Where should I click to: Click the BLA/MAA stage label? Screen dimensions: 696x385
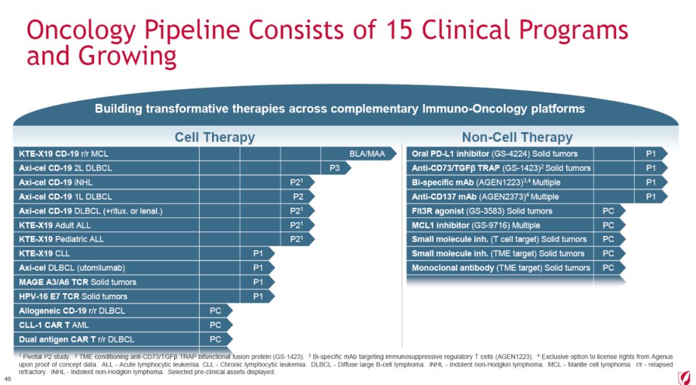(x=367, y=154)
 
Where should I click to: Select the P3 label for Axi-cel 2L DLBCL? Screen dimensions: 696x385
(x=334, y=168)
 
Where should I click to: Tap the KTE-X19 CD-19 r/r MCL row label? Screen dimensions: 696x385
(x=63, y=154)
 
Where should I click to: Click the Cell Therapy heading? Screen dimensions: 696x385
(x=215, y=137)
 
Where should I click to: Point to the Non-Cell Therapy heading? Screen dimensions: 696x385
(x=517, y=137)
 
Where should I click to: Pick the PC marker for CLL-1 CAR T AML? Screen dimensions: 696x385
(x=215, y=325)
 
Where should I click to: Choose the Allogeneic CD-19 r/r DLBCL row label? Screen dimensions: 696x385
(x=72, y=311)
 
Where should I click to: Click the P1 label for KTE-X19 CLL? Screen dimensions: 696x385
(x=258, y=253)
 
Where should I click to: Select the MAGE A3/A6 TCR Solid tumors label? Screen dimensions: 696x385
(x=78, y=282)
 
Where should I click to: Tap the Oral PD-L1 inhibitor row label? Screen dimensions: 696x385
(x=494, y=154)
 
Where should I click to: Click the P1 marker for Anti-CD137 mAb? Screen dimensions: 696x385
(x=651, y=197)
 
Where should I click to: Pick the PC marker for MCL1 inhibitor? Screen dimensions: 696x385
(x=608, y=225)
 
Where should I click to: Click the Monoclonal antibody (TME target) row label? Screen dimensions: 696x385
(x=501, y=268)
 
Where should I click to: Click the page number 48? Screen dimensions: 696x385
(x=8, y=379)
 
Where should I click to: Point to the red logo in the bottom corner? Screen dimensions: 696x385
(x=684, y=377)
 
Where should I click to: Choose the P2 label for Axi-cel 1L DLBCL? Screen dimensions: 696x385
(x=298, y=197)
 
